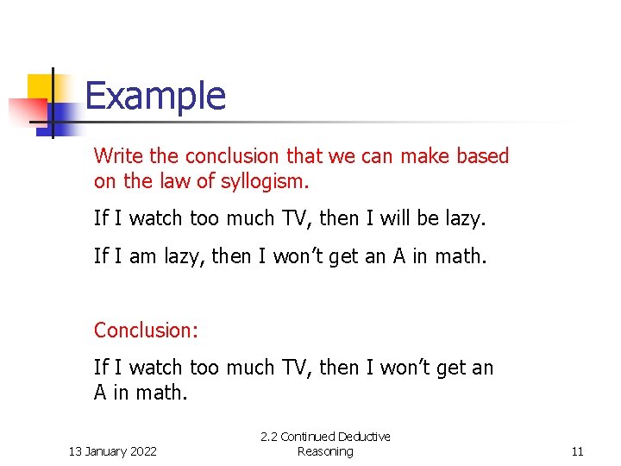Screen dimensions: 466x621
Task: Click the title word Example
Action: [x=155, y=96]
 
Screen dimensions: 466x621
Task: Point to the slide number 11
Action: [x=577, y=451]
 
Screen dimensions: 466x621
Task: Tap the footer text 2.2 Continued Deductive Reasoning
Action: [x=325, y=444]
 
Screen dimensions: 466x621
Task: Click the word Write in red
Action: [x=119, y=156]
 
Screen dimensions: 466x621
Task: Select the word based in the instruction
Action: [x=483, y=156]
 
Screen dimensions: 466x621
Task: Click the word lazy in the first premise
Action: [x=466, y=219]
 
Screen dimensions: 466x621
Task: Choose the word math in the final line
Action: [x=161, y=394]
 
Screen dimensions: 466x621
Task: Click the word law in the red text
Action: [x=172, y=182]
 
